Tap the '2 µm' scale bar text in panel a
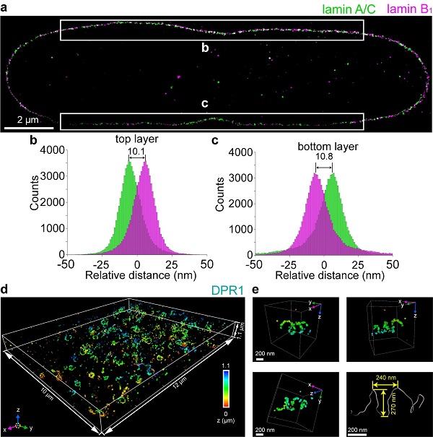point(30,119)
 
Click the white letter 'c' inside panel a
point(205,103)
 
